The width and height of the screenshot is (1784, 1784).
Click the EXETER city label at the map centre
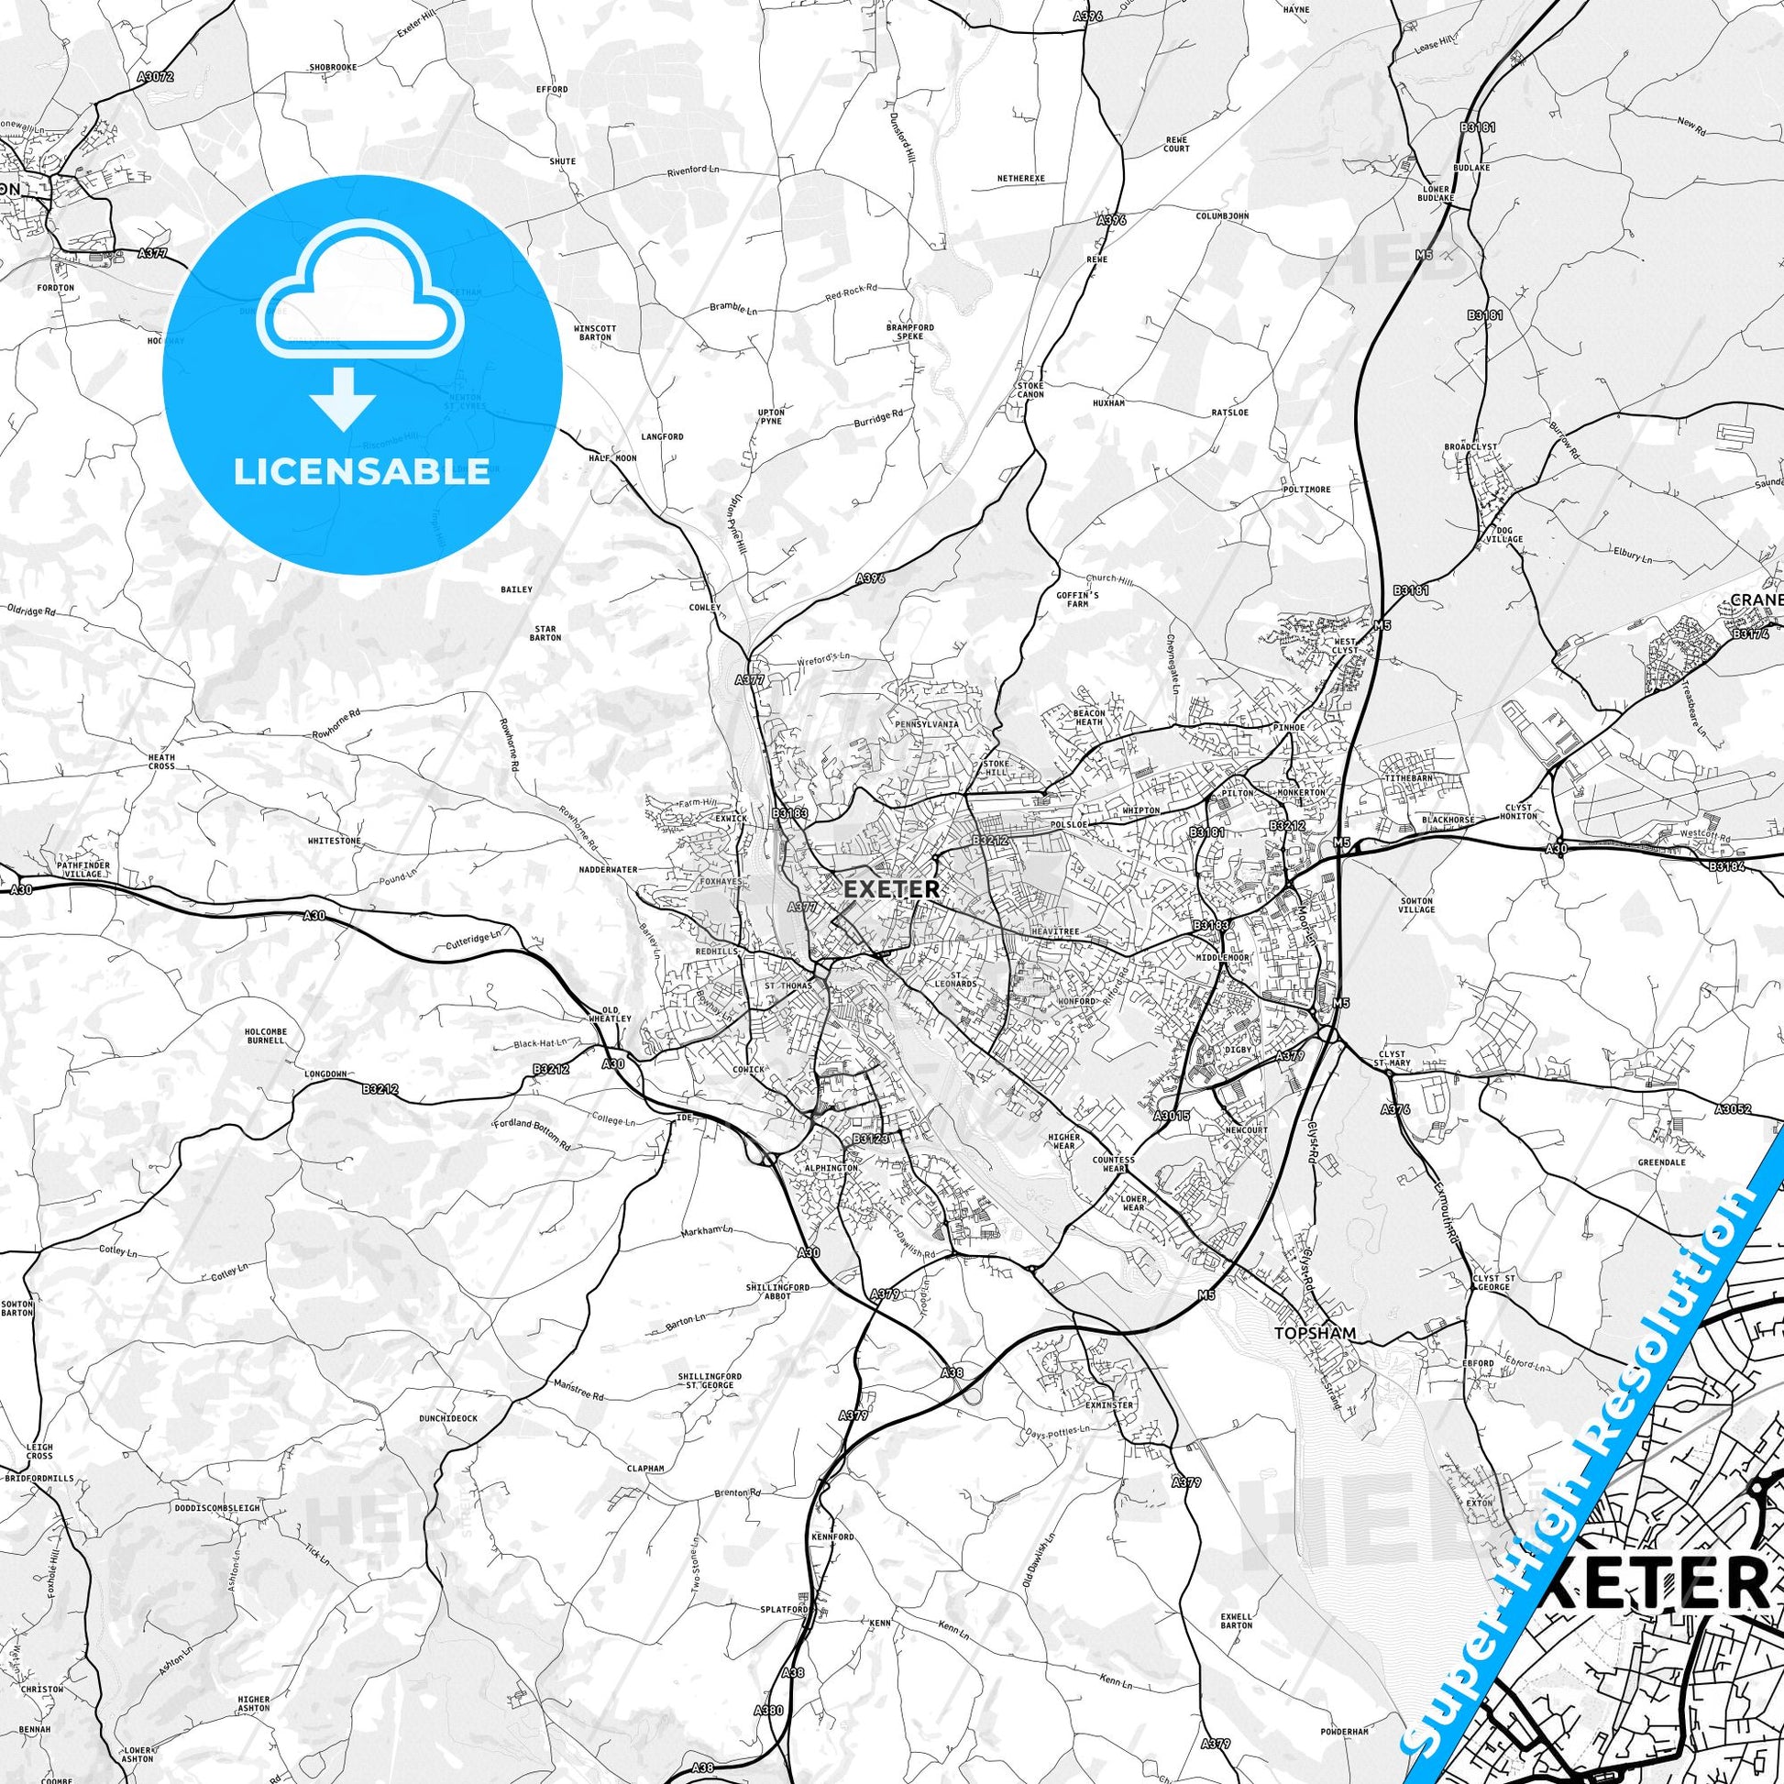point(891,889)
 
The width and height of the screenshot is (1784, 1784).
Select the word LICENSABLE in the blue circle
point(362,471)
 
